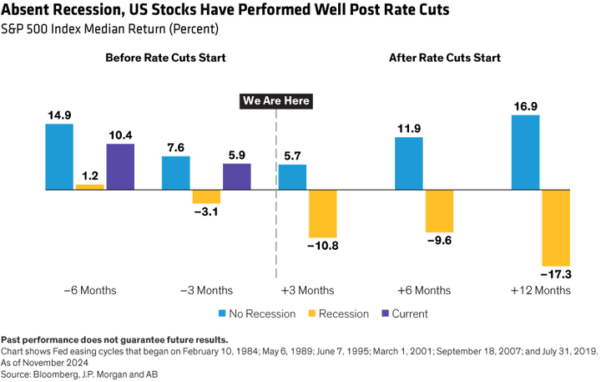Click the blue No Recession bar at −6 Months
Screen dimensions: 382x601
point(59,156)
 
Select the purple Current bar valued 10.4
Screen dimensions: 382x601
point(120,166)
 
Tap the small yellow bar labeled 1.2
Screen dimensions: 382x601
point(90,187)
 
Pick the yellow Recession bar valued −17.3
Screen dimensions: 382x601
point(556,227)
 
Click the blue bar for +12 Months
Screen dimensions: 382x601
point(525,152)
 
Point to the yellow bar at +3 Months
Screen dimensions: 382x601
point(322,213)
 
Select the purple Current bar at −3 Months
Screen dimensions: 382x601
point(236,176)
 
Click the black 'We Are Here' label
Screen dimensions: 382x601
point(275,101)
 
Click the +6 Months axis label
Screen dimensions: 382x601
point(424,290)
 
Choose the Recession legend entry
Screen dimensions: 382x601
point(340,313)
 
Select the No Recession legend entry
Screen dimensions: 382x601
point(258,313)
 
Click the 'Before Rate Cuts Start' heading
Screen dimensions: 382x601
point(165,58)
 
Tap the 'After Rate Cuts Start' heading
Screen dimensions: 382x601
point(444,58)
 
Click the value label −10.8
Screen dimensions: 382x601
point(322,247)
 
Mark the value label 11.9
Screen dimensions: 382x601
point(408,128)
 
